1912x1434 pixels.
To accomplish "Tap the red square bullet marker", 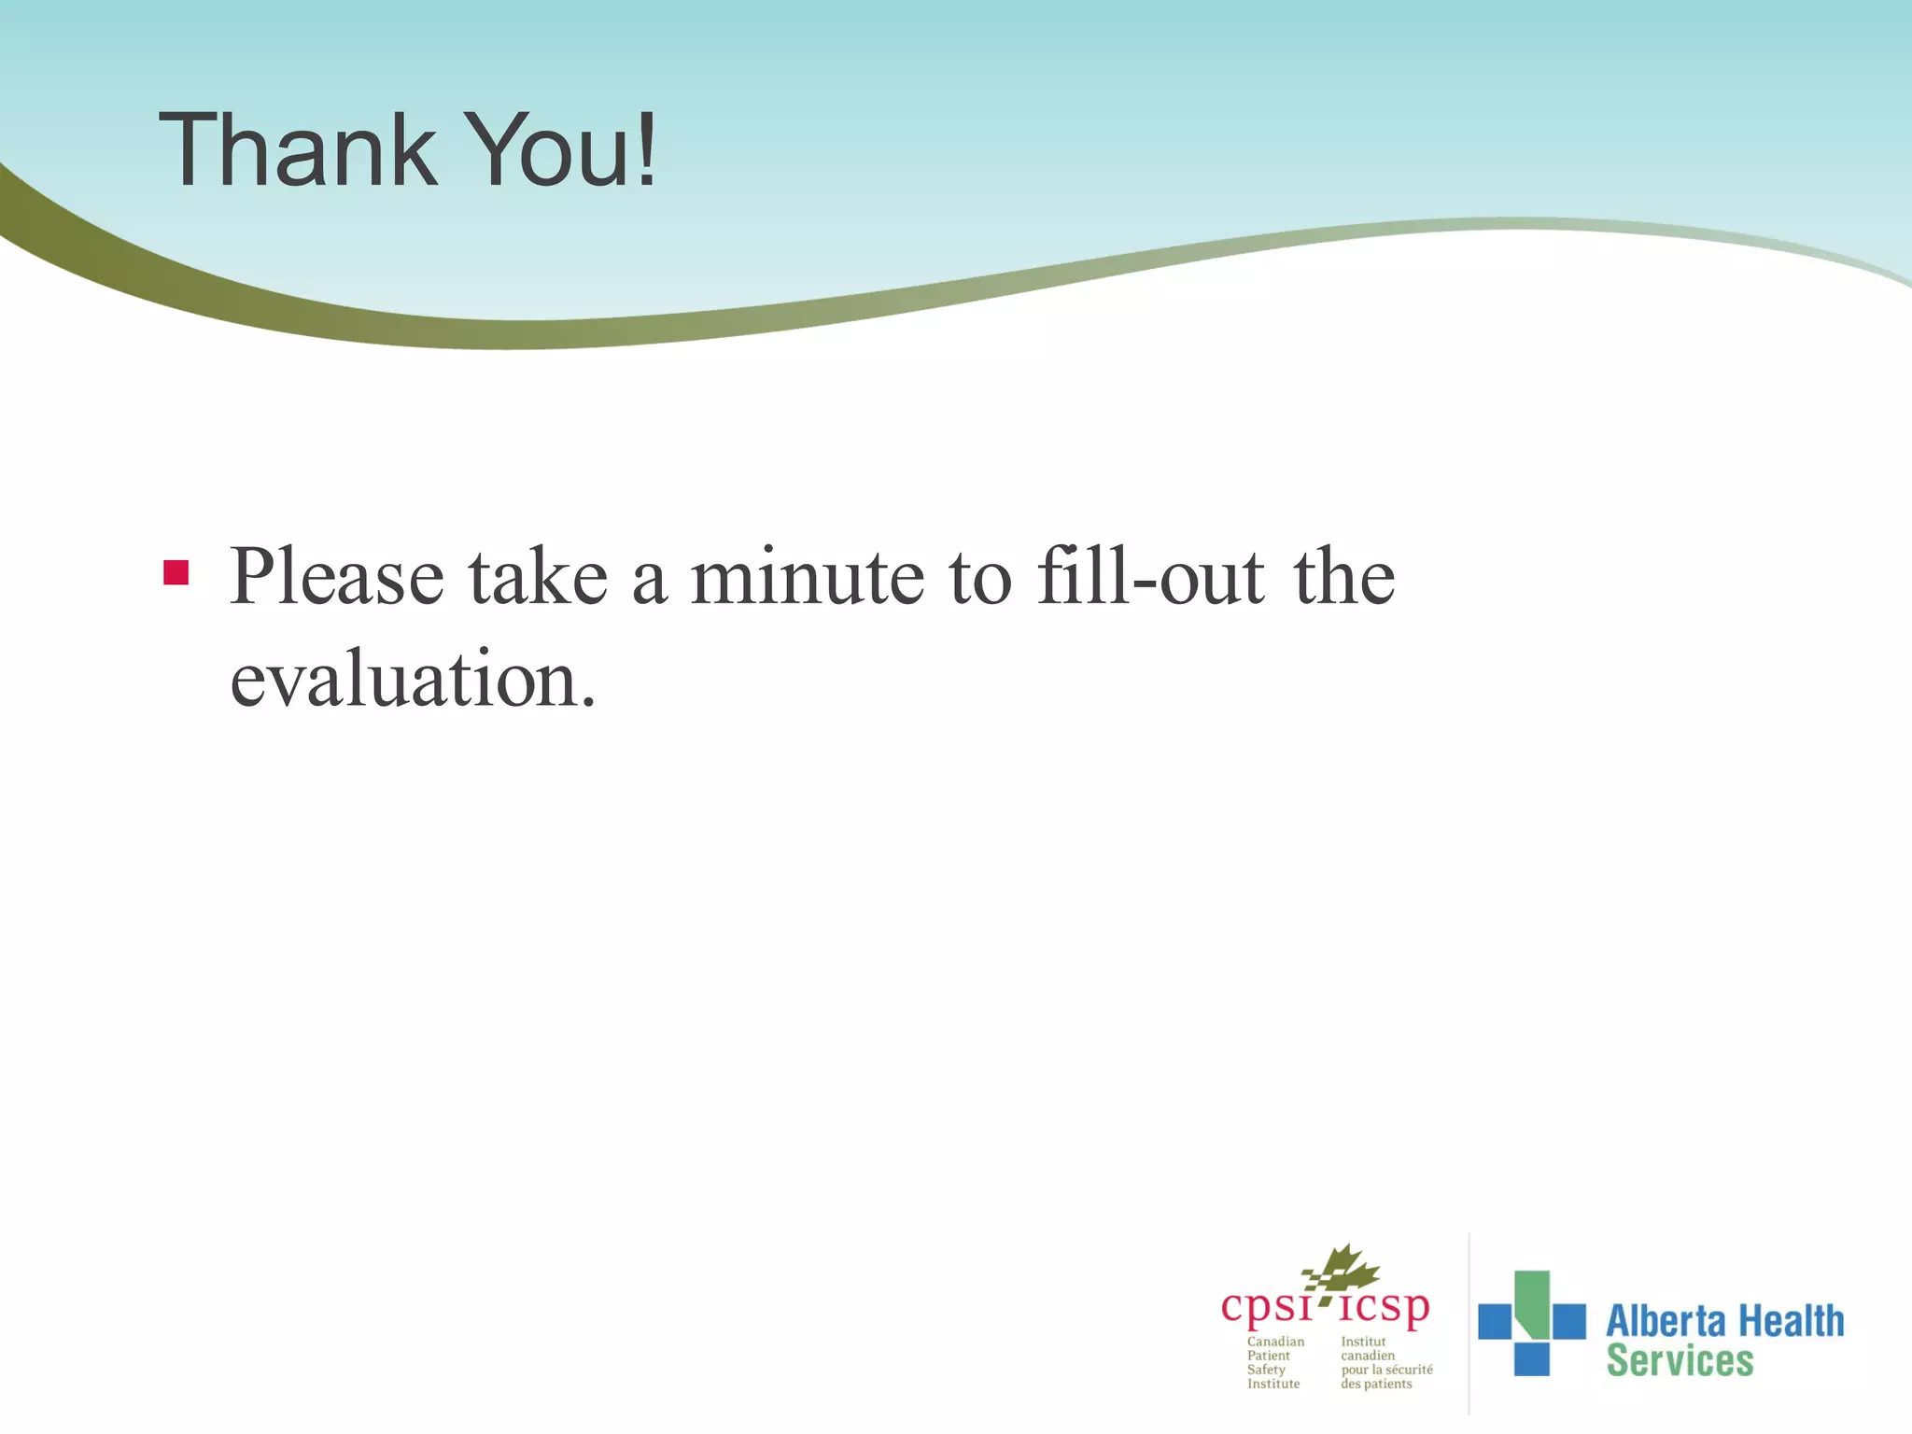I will pyautogui.click(x=176, y=572).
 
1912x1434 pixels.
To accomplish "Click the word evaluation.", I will pyautogui.click(x=412, y=680).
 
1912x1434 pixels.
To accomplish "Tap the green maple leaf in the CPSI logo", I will pyautogui.click(x=1344, y=1270).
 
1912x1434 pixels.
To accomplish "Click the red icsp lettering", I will pyautogui.click(x=1384, y=1307).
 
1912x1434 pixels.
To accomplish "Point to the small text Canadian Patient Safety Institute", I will pyautogui.click(x=1274, y=1362).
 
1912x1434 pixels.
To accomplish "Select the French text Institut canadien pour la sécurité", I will pyautogui.click(x=1385, y=1362).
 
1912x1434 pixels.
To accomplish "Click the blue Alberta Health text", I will pyautogui.click(x=1724, y=1321).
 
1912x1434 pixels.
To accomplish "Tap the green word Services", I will pyautogui.click(x=1680, y=1361).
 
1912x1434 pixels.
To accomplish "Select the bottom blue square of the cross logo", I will pyautogui.click(x=1531, y=1358).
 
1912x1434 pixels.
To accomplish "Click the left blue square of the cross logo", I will pyautogui.click(x=1494, y=1321).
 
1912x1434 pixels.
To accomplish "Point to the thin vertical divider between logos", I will pyautogui.click(x=1469, y=1326).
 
